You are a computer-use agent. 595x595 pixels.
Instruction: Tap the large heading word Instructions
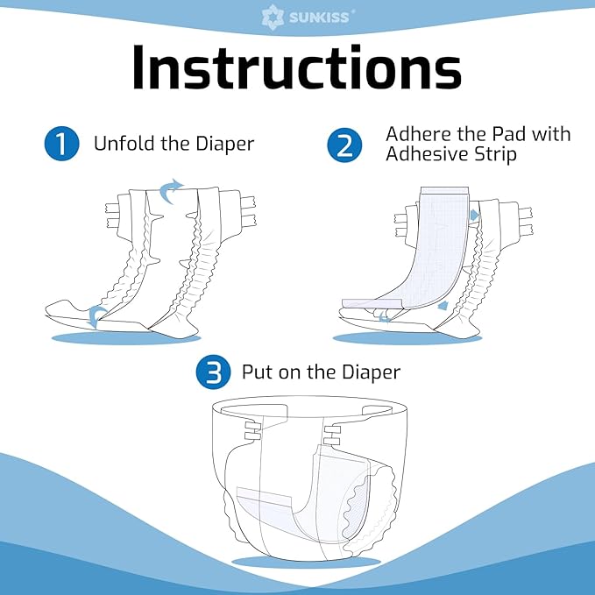(297, 67)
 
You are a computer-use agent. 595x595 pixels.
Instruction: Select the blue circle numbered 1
(60, 144)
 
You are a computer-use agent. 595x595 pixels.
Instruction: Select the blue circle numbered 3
(213, 373)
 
